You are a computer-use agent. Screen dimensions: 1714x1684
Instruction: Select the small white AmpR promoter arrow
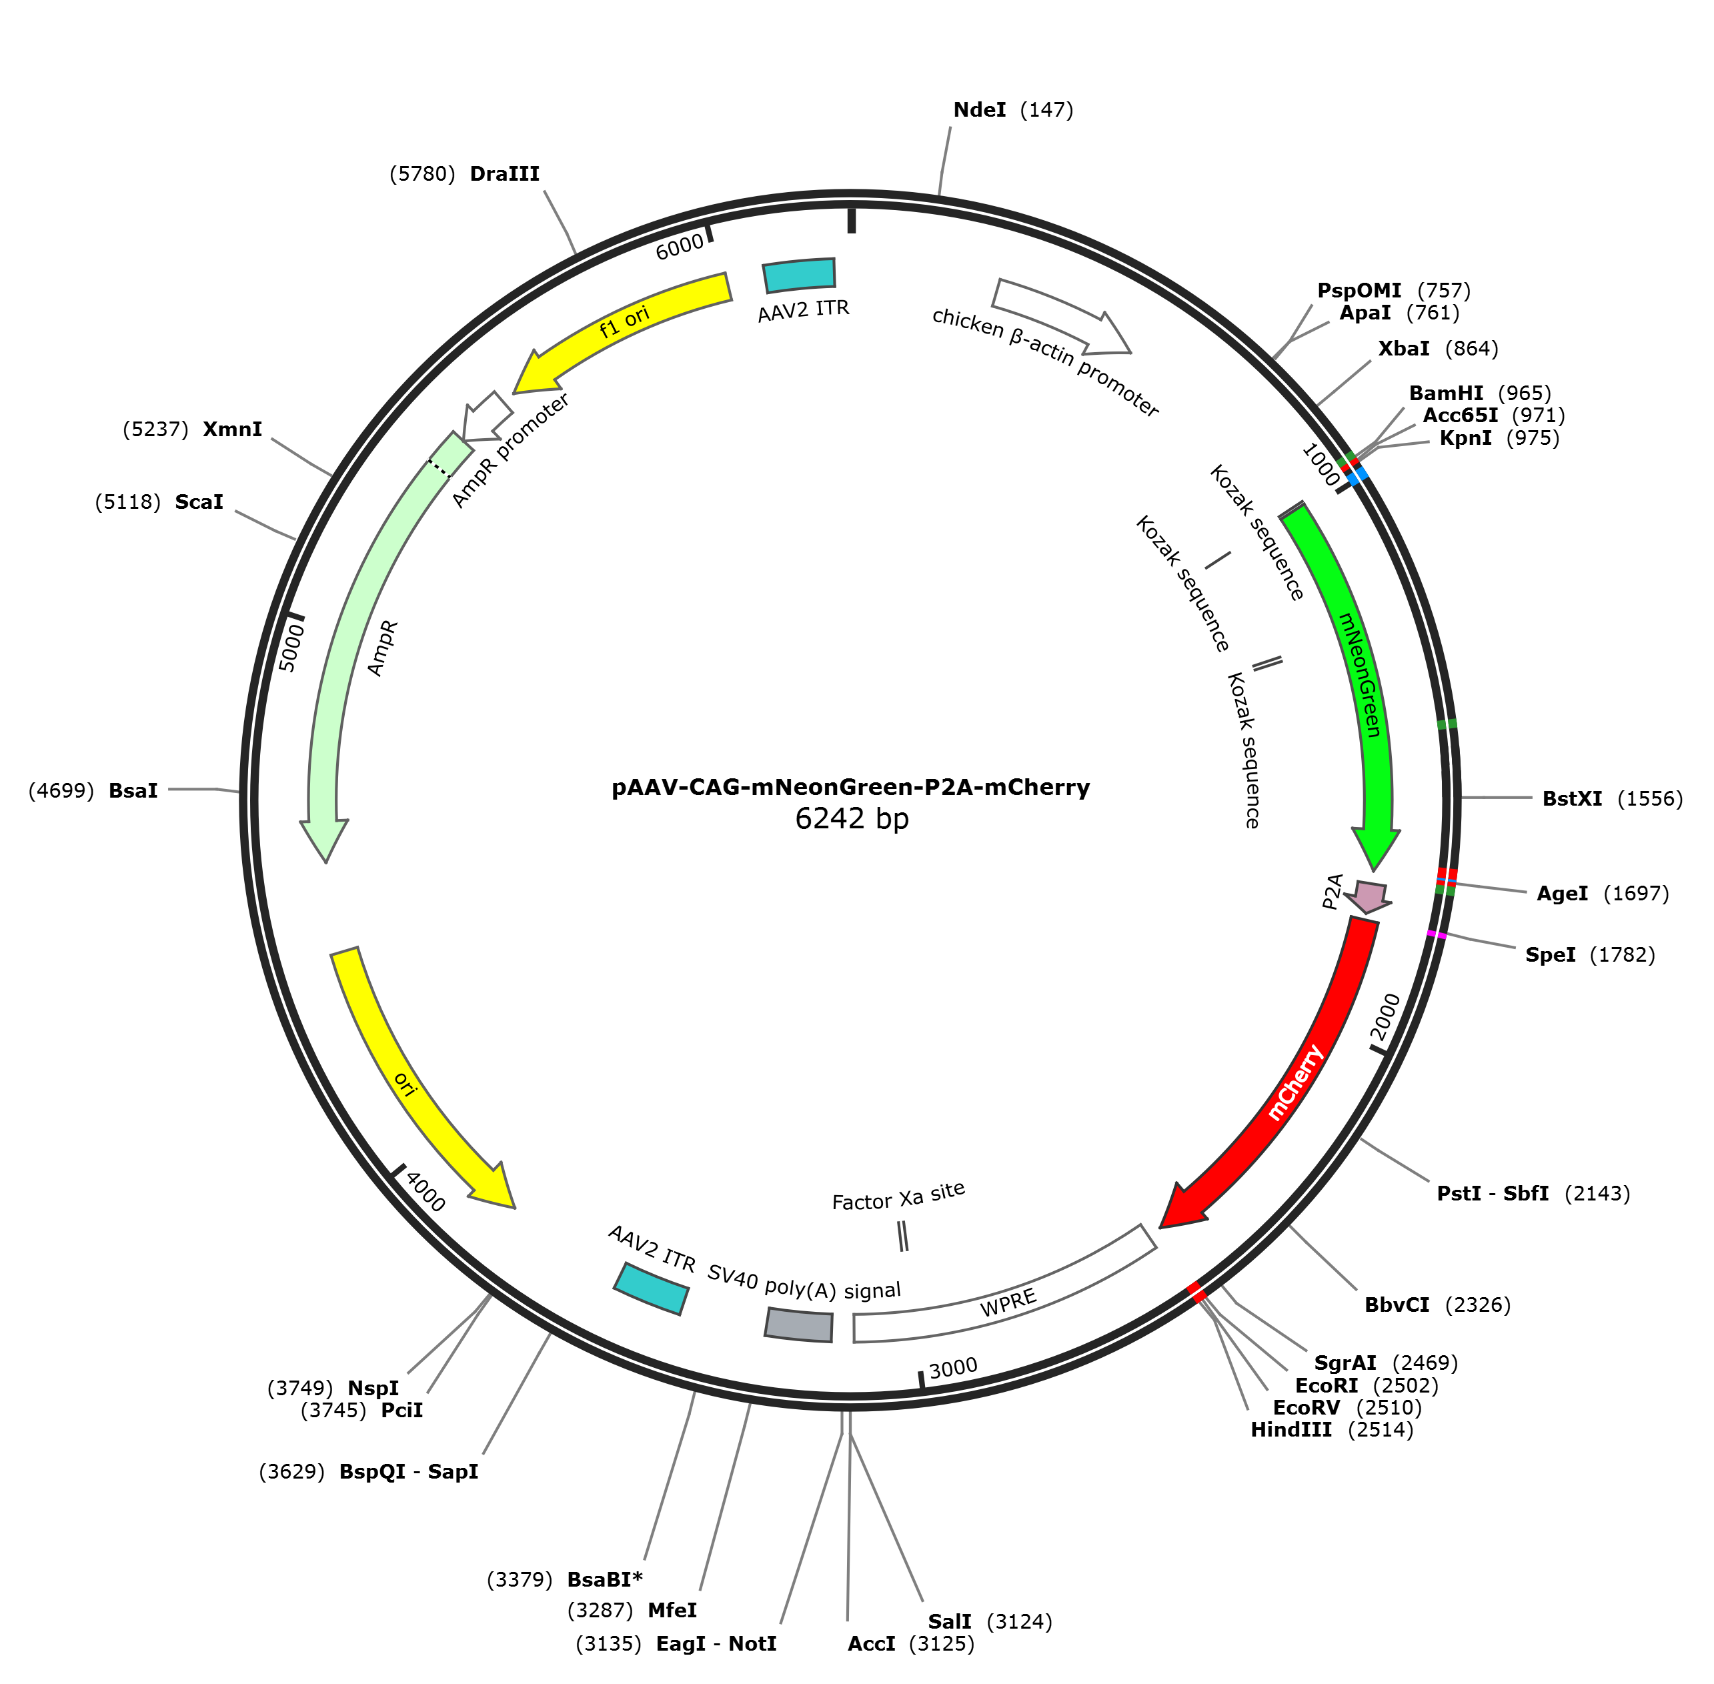(486, 417)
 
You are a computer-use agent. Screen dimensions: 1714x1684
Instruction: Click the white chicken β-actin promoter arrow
(1061, 314)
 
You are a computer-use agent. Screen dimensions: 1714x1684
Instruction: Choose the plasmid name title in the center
(851, 787)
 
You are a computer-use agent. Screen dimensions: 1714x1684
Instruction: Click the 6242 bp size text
(852, 819)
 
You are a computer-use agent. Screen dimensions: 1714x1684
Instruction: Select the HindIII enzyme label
(1291, 1430)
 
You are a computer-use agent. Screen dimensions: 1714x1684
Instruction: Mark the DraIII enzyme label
(504, 174)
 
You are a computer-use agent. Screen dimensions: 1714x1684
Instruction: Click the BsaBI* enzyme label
(605, 1580)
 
